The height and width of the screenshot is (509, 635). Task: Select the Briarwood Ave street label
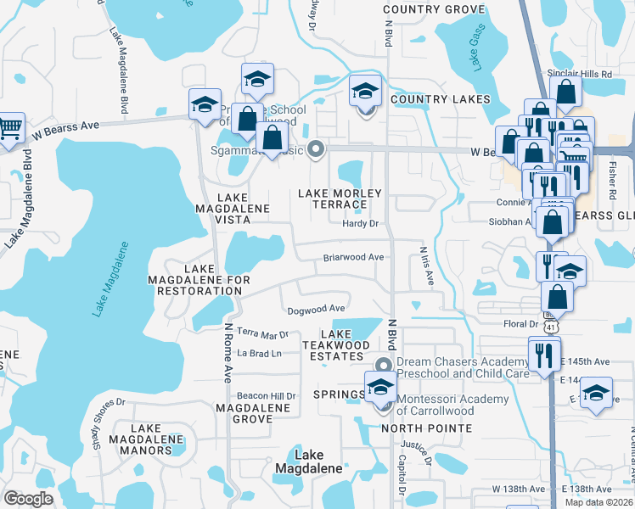point(354,257)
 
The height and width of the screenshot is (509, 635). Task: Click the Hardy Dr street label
point(359,223)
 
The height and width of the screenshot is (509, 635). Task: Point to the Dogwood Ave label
point(316,309)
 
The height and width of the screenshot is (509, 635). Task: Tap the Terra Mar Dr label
point(263,335)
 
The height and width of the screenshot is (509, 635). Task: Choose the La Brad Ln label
point(259,353)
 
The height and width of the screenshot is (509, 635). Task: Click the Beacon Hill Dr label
point(266,396)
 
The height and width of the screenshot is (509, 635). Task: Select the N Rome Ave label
point(228,351)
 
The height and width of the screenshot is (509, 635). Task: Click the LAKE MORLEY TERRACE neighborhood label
point(340,199)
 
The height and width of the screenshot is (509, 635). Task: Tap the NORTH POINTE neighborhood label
point(426,428)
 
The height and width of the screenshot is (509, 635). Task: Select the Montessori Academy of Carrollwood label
point(452,405)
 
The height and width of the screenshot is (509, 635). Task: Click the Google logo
point(28,499)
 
